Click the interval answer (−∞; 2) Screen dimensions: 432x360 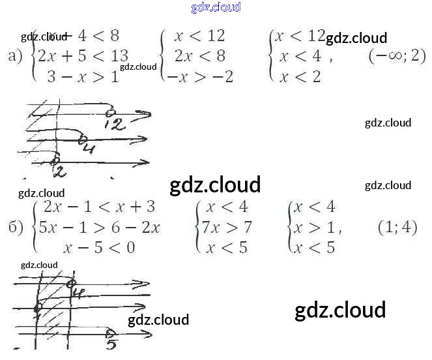397,56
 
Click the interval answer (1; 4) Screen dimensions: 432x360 397,228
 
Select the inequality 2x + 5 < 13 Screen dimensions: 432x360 83,56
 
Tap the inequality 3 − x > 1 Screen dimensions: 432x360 83,76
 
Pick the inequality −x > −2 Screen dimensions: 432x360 200,77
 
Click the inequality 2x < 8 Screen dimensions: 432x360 199,56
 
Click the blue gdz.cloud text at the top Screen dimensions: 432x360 216,7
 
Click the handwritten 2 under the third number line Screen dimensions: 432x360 59,172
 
